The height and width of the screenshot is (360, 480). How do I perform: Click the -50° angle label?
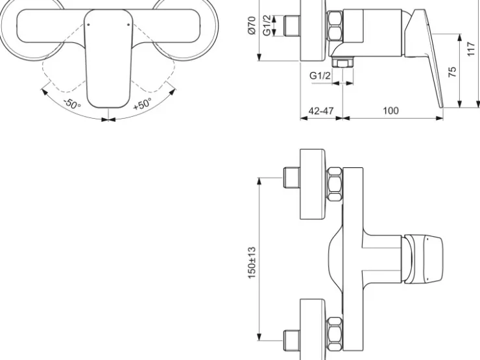pyautogui.click(x=72, y=104)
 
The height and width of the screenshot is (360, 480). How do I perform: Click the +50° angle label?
pyautogui.click(x=142, y=104)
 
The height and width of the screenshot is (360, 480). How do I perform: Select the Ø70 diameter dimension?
pyautogui.click(x=252, y=25)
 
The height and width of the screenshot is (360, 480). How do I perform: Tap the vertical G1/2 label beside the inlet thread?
pyautogui.click(x=267, y=25)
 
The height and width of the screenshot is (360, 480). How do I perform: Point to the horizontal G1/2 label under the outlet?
pyautogui.click(x=320, y=75)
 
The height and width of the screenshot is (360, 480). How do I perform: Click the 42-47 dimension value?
pyautogui.click(x=321, y=110)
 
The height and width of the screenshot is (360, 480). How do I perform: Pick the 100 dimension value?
pyautogui.click(x=391, y=110)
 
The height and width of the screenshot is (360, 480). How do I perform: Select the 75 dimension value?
pyautogui.click(x=452, y=71)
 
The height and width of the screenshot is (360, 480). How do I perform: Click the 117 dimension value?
pyautogui.click(x=471, y=49)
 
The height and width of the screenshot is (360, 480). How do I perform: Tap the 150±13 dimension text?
pyautogui.click(x=252, y=262)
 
